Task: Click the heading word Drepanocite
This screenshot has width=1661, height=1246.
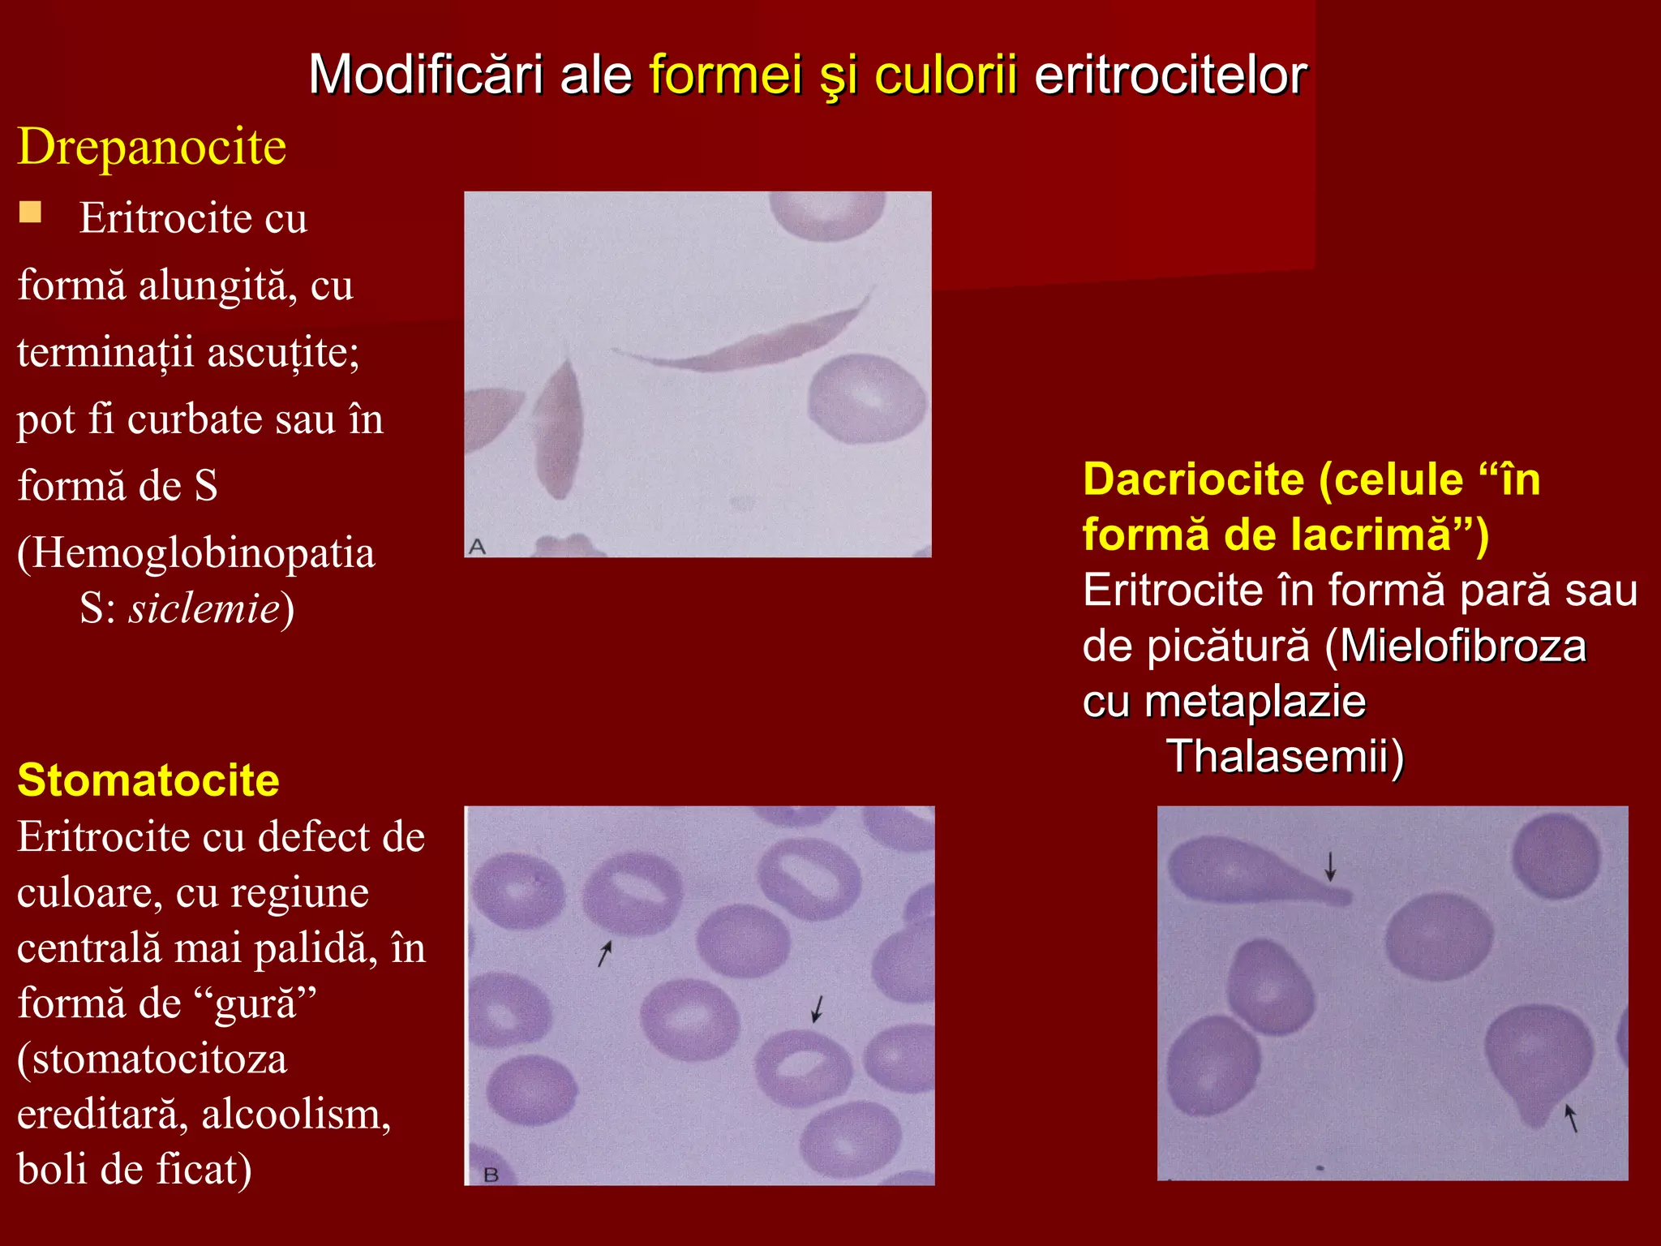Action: click(152, 147)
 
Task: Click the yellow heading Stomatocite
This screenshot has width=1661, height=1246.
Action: click(148, 780)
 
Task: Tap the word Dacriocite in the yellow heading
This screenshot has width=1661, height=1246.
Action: click(1193, 479)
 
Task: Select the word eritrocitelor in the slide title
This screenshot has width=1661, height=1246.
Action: click(1170, 75)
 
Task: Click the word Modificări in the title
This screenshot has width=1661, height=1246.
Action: click(426, 75)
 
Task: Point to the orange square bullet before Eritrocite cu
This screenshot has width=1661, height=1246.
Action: click(31, 213)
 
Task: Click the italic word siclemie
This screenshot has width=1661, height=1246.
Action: click(204, 608)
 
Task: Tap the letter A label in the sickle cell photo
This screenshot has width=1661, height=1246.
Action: click(477, 547)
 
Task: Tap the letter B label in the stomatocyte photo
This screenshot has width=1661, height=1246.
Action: click(491, 1175)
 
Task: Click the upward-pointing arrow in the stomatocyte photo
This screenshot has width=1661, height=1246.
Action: click(604, 954)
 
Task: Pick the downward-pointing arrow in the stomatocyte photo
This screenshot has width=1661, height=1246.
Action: click(818, 1008)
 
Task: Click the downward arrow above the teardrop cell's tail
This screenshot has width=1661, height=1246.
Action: click(1330, 866)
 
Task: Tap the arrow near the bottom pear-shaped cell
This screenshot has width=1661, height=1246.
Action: click(1571, 1117)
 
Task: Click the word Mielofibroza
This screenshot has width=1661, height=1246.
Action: click(1462, 647)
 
